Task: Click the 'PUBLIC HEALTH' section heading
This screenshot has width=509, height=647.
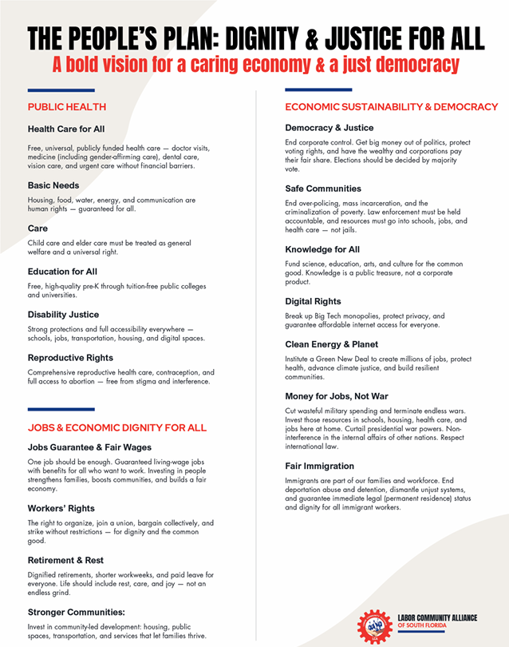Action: pos(67,107)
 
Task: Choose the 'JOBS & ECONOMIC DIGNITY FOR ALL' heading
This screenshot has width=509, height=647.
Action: pos(116,428)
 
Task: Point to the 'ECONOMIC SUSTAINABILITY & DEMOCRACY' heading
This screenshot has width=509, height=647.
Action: pos(391,107)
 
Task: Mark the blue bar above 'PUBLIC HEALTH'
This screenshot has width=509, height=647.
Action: pos(61,89)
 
